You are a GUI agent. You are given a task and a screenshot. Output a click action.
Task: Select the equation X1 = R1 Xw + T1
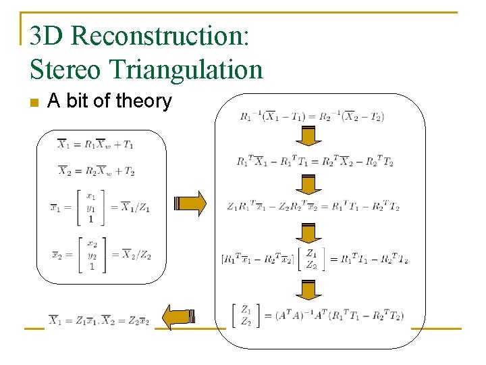click(x=95, y=144)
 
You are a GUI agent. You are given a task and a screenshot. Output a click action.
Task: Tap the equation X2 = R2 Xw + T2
click(x=95, y=171)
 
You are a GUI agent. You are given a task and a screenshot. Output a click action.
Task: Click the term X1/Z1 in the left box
click(x=136, y=208)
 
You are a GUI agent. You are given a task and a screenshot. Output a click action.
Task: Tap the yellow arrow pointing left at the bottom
click(x=180, y=316)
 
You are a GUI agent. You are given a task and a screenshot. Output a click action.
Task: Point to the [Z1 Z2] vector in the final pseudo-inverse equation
click(x=246, y=315)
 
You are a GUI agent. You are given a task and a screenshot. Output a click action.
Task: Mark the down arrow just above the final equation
click(x=309, y=289)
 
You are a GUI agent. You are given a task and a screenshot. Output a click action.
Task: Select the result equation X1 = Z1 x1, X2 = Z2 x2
click(x=99, y=319)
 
